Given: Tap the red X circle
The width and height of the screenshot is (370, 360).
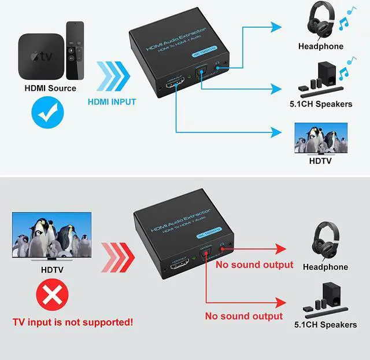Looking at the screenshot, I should click(50, 298).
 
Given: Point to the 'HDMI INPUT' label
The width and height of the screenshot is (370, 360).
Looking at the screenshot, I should click(112, 102).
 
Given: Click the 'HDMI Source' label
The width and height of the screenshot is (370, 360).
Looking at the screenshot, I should click(50, 89).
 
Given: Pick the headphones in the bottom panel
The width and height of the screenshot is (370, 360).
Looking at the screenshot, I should click(325, 239).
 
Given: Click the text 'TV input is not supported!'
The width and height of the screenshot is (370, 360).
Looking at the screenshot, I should click(73, 321).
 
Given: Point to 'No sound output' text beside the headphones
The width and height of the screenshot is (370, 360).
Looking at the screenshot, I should click(254, 265).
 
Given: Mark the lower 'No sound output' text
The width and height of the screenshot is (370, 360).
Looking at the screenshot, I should click(244, 316).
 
